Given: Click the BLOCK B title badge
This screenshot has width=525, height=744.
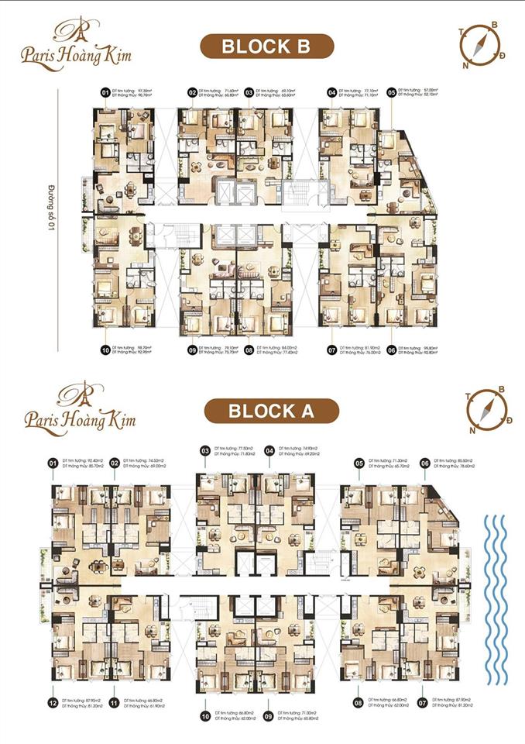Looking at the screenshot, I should tap(266, 46).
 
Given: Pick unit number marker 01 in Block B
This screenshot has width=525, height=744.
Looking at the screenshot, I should tap(105, 93).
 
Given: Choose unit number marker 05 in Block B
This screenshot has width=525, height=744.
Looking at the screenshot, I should tap(391, 93).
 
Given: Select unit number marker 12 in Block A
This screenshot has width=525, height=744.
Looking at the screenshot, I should tap(53, 704).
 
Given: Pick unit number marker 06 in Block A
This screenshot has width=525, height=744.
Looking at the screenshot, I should tap(424, 463).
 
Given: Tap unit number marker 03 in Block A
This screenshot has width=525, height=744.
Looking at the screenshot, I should tap(205, 450).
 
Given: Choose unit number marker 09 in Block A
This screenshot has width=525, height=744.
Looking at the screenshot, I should tap(269, 715).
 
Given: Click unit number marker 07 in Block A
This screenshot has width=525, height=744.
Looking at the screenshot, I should tap(424, 704).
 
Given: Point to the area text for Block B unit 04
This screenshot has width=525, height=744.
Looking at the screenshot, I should tap(358, 93).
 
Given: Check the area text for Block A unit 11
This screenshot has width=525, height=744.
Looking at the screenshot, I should tap(144, 704).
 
